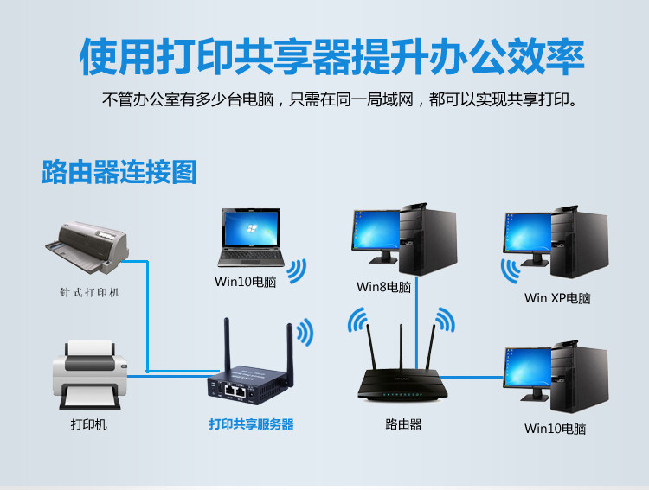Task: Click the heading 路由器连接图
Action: click(119, 171)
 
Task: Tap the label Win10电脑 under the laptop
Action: click(246, 282)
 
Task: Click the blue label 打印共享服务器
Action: click(251, 424)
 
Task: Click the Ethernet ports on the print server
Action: click(236, 390)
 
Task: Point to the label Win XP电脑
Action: click(556, 298)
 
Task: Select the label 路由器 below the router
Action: click(403, 424)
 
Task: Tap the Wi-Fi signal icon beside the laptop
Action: click(296, 271)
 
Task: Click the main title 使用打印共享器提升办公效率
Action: click(332, 55)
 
